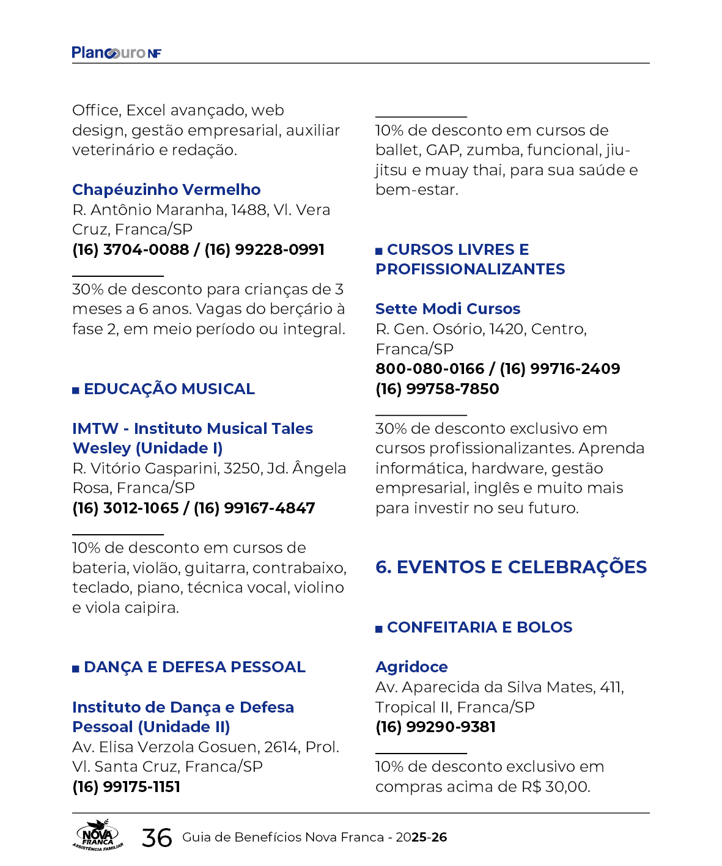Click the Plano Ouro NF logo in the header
click(116, 53)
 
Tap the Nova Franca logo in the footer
click(98, 835)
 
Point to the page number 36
click(157, 838)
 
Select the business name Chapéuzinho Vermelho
click(166, 190)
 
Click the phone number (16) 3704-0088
click(130, 250)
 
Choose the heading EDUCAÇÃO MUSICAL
click(169, 389)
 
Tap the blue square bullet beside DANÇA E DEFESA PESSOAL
click(76, 669)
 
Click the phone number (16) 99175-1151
click(126, 787)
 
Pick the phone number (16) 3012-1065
click(125, 508)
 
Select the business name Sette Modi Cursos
click(448, 309)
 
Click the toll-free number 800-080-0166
click(429, 369)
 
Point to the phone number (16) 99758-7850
click(437, 389)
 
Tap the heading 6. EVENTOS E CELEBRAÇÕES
click(510, 568)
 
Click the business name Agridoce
click(411, 667)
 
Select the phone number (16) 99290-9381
click(435, 727)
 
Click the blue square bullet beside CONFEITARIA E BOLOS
click(379, 629)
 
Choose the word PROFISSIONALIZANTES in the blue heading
click(470, 270)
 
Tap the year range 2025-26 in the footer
click(421, 838)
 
